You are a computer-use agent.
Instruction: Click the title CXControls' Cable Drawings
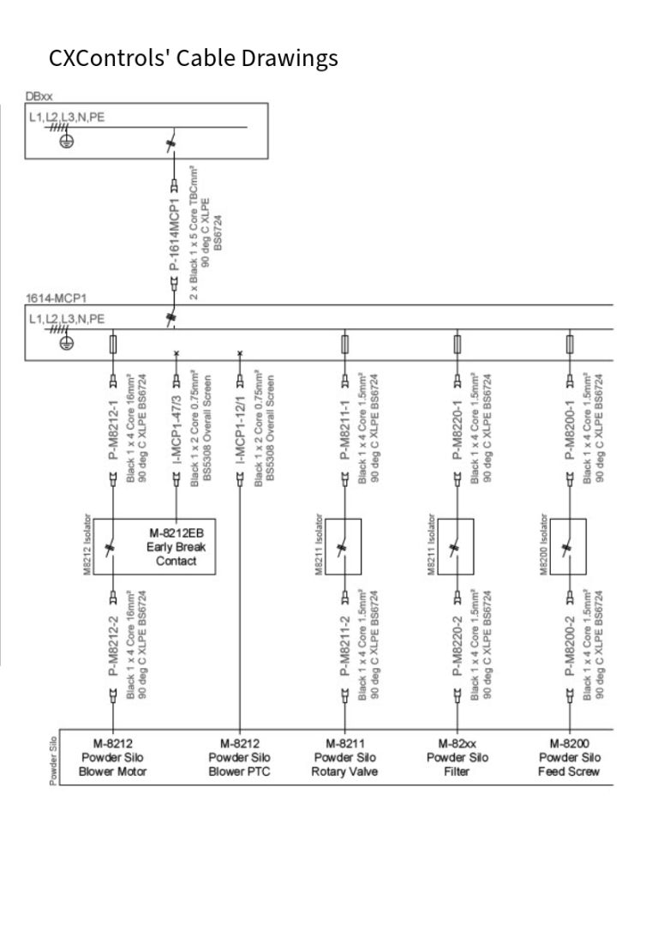194,58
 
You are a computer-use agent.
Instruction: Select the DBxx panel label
39,98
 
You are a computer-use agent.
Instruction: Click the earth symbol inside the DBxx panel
65,141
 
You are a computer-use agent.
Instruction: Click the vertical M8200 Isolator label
544,545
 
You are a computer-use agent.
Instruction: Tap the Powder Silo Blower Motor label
114,758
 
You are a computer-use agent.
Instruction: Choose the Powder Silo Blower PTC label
240,758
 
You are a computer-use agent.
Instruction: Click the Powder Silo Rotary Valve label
344,758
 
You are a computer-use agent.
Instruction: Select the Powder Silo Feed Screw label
569,758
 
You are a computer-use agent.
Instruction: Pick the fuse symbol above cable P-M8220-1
458,344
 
